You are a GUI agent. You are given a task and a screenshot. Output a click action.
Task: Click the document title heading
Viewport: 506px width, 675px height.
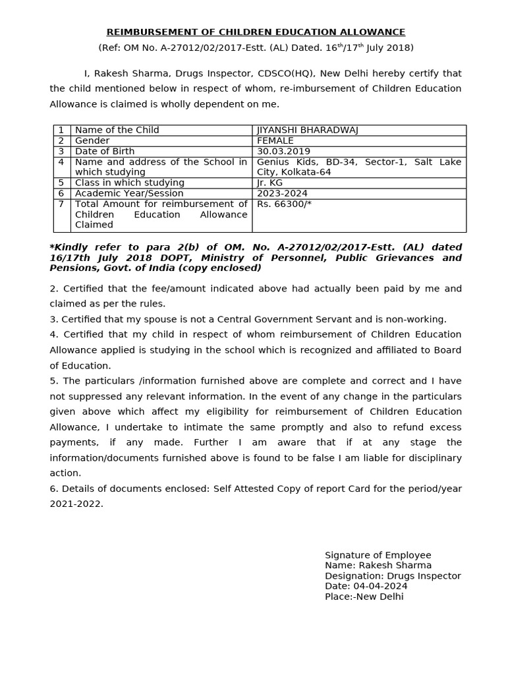[256, 32]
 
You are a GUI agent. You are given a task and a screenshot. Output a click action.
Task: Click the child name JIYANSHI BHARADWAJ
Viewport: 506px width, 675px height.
[308, 131]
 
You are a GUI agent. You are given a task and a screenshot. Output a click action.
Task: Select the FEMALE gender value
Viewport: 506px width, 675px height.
[275, 141]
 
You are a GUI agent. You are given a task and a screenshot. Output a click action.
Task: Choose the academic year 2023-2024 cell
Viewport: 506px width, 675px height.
[282, 194]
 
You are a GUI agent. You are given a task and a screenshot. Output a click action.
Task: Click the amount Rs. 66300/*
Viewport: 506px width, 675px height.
[284, 204]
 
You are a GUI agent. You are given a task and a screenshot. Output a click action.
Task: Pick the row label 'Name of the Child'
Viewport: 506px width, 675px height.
[117, 131]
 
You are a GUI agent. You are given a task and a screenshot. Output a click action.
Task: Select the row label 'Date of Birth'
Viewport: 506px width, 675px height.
[105, 152]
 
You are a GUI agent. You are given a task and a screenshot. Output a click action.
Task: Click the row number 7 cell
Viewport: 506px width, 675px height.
[61, 204]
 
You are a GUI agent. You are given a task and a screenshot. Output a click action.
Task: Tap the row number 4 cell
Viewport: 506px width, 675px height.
[61, 162]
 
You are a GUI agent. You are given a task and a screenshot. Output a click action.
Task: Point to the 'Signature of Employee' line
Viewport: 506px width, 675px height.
[378, 555]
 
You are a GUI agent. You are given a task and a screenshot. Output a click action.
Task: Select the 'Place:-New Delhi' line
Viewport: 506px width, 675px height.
[364, 597]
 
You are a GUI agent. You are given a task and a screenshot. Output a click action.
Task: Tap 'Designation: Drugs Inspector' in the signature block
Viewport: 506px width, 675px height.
[393, 575]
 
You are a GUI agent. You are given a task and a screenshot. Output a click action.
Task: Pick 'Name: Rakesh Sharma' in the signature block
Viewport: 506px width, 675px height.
[378, 565]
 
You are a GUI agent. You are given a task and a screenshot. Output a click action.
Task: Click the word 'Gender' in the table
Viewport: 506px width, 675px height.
[92, 141]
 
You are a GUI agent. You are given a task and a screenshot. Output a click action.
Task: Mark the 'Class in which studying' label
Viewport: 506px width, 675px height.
[130, 183]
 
